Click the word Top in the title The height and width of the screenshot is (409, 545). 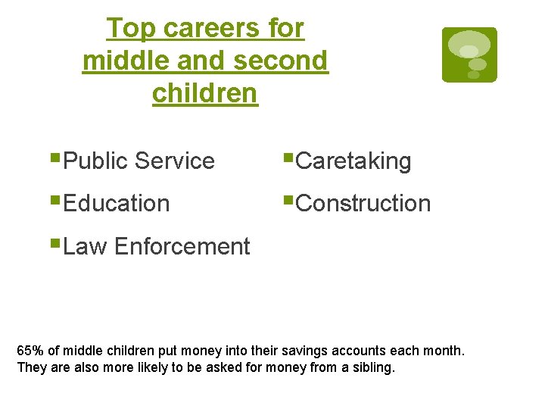(x=131, y=28)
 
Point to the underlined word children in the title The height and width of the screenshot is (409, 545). (x=205, y=93)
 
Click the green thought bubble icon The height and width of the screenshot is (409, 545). (x=469, y=55)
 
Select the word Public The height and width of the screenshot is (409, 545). (x=96, y=161)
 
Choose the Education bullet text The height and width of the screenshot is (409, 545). (x=117, y=203)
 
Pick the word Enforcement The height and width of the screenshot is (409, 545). (x=182, y=246)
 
